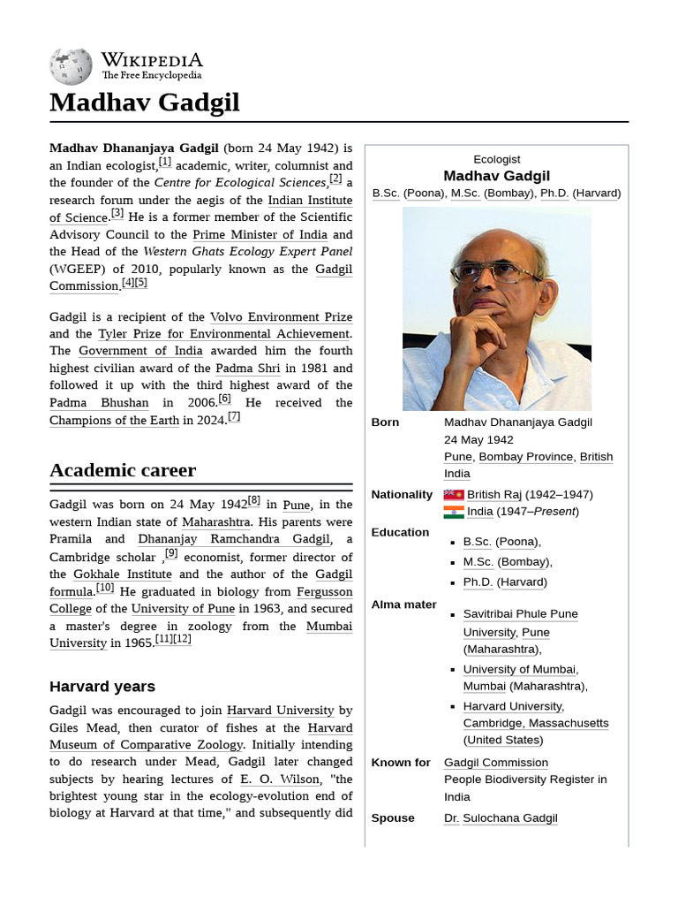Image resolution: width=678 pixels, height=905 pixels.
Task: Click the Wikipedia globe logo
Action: [71, 66]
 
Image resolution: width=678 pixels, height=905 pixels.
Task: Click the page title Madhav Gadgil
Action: [144, 103]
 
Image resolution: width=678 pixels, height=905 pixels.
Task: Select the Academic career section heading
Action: [123, 470]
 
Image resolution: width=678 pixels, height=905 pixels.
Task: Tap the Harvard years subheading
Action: [102, 687]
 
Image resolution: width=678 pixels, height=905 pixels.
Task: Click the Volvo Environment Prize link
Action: [281, 316]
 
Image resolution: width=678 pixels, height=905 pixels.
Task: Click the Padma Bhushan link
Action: [99, 403]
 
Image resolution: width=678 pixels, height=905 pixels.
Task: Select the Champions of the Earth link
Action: [114, 421]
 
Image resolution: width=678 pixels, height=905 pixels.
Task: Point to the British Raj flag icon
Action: [454, 495]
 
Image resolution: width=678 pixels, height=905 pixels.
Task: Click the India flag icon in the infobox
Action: [454, 512]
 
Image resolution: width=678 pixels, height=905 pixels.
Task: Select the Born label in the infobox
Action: [385, 422]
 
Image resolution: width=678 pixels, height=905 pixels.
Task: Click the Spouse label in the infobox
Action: [393, 818]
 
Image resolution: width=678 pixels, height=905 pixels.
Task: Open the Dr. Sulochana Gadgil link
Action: [501, 818]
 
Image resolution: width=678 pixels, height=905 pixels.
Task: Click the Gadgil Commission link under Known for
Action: [495, 763]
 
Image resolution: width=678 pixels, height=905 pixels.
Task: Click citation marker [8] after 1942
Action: [254, 500]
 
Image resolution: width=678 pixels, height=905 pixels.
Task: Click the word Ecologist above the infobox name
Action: [496, 159]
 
